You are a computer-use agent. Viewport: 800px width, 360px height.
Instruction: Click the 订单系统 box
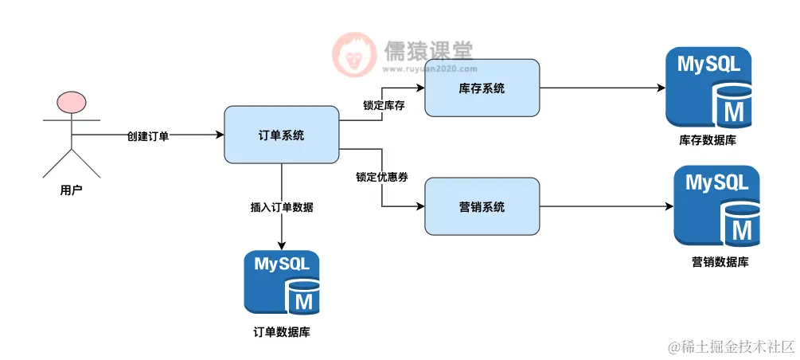(282, 135)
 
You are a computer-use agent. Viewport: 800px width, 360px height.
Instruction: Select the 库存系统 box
(482, 88)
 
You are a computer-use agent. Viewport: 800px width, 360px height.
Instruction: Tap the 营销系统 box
(482, 206)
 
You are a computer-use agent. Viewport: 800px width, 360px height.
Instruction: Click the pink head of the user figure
(70, 104)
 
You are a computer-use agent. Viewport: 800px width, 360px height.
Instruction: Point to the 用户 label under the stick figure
(71, 190)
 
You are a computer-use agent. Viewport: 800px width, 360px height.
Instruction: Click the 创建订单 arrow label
(148, 136)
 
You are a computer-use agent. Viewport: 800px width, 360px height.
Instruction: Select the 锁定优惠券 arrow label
(382, 177)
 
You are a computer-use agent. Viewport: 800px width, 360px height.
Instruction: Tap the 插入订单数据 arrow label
(282, 207)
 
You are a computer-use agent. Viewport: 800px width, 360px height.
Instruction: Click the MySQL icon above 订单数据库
(282, 282)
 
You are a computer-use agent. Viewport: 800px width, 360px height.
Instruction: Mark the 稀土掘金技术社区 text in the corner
(732, 346)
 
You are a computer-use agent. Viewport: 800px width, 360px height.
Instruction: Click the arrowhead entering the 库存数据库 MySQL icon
(661, 88)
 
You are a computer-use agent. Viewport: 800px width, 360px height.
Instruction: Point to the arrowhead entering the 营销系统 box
(420, 206)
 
